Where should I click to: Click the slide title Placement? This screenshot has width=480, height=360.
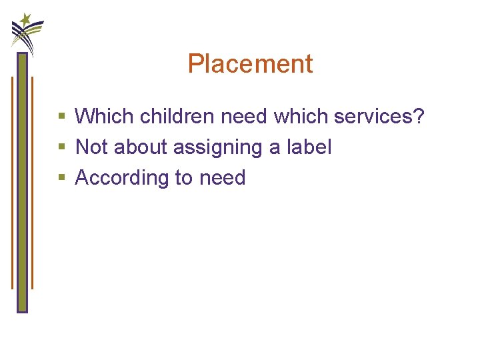tap(250, 64)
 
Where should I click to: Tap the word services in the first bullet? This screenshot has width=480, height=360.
tap(373, 116)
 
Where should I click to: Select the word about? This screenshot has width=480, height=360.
tap(141, 147)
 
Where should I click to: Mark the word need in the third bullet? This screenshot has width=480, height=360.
tap(223, 178)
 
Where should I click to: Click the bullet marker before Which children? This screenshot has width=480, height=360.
tap(61, 117)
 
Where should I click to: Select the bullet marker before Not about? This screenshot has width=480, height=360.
tap(61, 147)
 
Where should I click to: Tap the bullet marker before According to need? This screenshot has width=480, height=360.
tap(61, 178)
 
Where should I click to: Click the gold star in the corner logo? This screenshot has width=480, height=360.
tap(25, 19)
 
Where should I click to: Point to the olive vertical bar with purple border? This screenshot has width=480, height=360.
tap(22, 180)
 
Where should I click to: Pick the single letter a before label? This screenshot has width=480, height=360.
tap(275, 148)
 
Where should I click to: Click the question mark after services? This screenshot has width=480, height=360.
tap(419, 116)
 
